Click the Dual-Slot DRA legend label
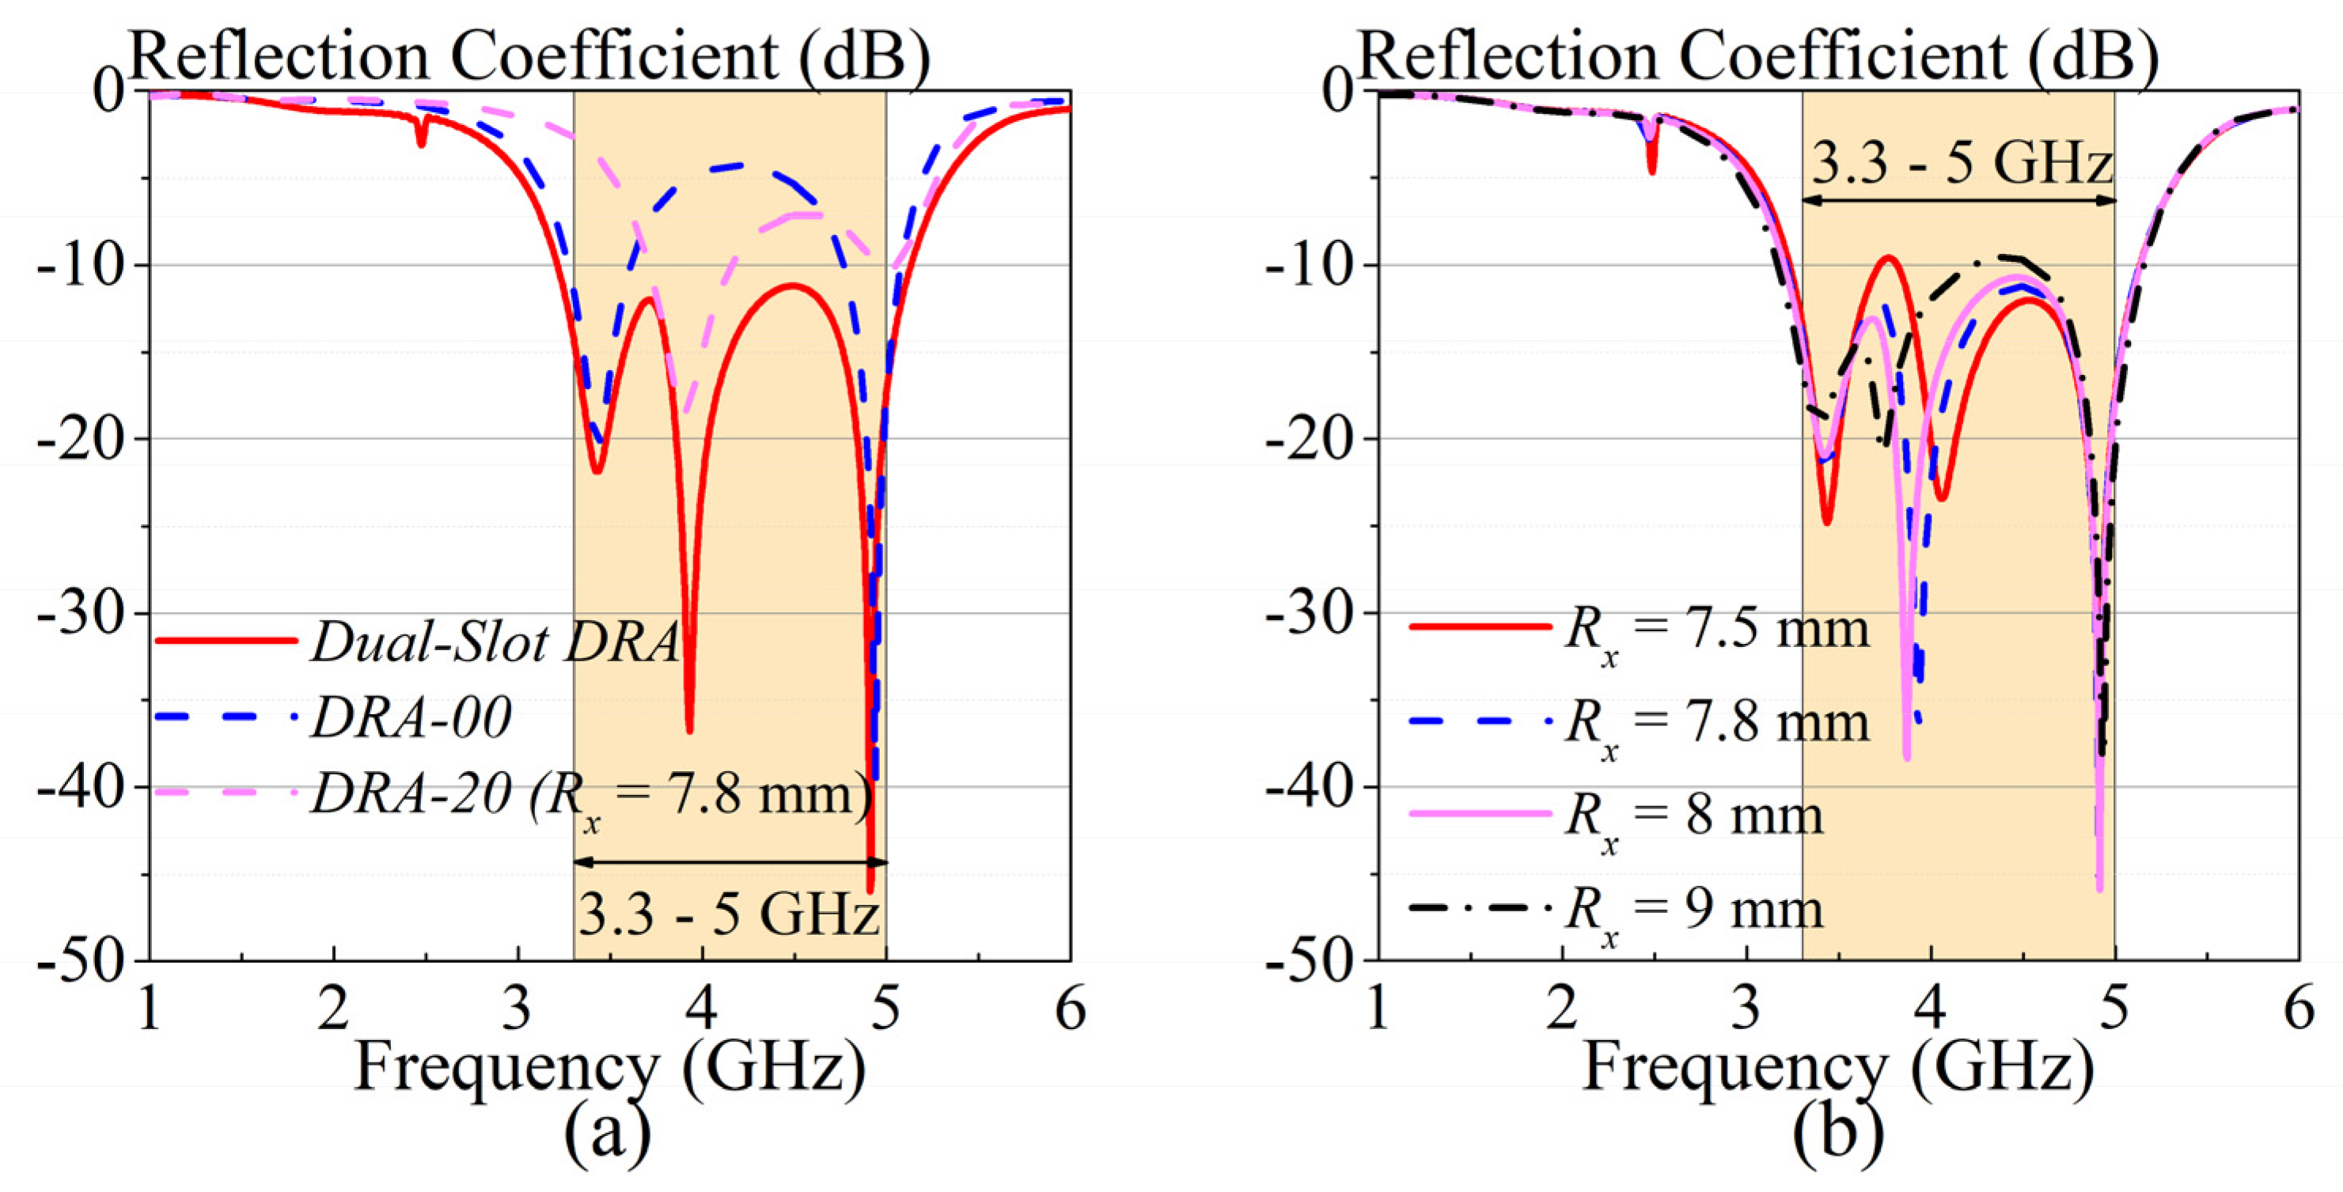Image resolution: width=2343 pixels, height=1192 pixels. pos(495,643)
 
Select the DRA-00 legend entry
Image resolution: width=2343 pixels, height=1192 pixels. pos(411,718)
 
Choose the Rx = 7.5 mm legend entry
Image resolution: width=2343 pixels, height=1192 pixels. pos(1716,629)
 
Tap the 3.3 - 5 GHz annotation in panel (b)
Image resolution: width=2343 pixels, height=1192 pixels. pos(1961,165)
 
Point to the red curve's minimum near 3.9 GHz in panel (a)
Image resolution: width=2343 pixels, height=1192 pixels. pos(689,728)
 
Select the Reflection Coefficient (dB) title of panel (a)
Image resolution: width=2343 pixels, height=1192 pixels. pos(530,56)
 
